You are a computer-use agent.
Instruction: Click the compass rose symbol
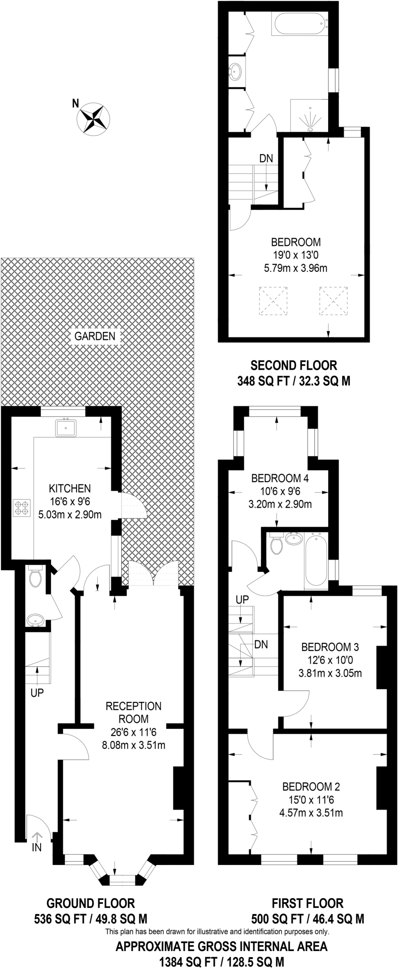[x=93, y=118]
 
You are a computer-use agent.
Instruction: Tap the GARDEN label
[x=94, y=337]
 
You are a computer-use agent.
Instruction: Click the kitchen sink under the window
[x=65, y=428]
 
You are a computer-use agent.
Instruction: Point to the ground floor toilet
[x=34, y=578]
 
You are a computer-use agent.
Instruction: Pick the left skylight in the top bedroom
[x=273, y=301]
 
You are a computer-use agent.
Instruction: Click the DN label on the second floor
[x=266, y=159]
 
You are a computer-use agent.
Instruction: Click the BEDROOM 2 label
[x=311, y=786]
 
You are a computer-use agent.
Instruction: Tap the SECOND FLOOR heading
[x=294, y=365]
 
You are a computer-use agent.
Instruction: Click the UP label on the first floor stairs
[x=242, y=599]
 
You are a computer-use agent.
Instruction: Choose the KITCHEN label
[x=70, y=488]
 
